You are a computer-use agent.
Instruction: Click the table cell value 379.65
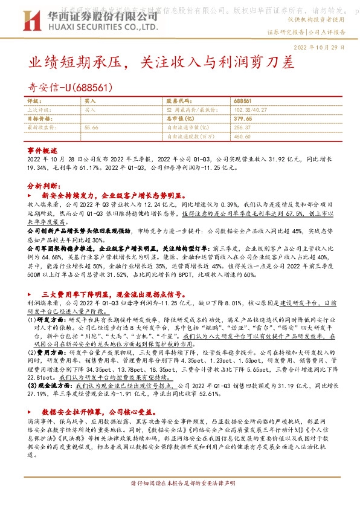(242, 119)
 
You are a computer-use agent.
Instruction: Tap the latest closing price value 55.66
(91, 128)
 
